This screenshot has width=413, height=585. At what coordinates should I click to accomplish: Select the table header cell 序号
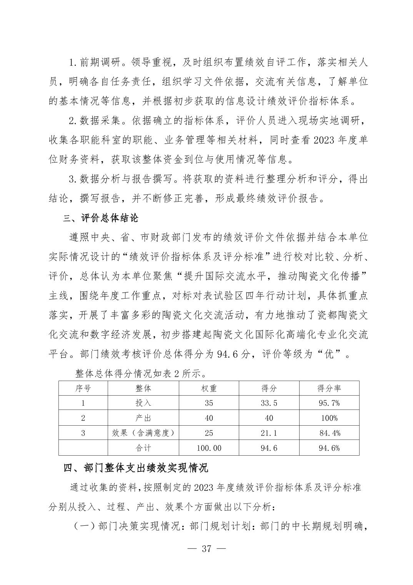click(x=83, y=388)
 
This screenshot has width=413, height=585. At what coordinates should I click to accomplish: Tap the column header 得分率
click(x=329, y=388)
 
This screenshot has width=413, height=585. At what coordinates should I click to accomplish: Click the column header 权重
click(x=209, y=388)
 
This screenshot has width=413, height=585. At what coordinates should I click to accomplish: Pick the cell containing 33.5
click(x=269, y=403)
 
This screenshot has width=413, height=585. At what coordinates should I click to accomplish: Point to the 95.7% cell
click(x=329, y=403)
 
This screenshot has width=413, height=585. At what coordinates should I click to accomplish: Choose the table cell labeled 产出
click(x=143, y=418)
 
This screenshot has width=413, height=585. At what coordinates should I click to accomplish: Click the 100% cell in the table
click(x=329, y=418)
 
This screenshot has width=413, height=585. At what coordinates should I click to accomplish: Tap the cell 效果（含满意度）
click(x=143, y=433)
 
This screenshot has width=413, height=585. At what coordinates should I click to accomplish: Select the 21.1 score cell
click(x=269, y=433)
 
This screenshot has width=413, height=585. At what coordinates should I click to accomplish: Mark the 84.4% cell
click(x=330, y=433)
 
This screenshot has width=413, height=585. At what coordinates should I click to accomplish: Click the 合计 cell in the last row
click(x=143, y=448)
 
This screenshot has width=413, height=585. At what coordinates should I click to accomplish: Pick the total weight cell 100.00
click(x=209, y=448)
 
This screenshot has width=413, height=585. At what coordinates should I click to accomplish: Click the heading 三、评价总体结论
click(x=101, y=219)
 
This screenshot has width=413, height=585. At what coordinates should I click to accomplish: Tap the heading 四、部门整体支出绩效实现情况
click(x=136, y=468)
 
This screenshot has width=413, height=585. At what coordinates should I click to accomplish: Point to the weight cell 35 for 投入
click(x=209, y=403)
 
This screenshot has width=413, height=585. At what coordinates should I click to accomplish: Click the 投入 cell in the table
click(x=143, y=403)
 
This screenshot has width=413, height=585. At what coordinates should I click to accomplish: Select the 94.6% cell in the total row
click(x=329, y=448)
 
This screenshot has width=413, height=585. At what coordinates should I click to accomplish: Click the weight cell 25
click(x=209, y=433)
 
